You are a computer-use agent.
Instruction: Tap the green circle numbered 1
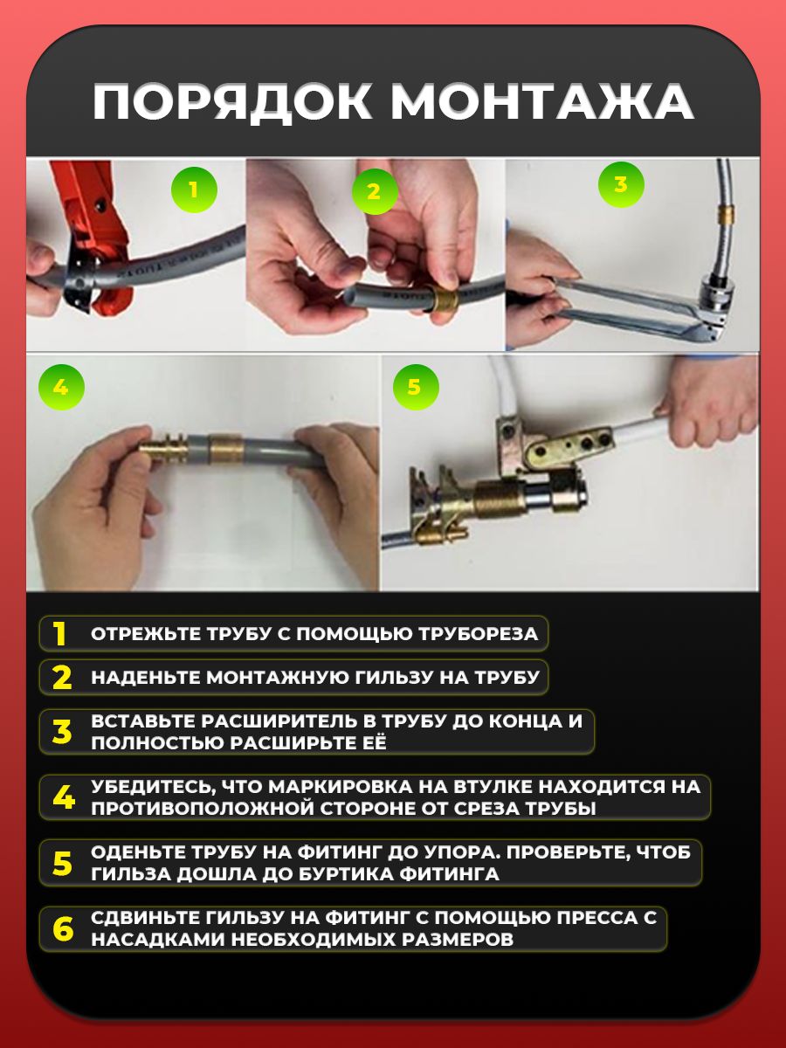coord(194,190)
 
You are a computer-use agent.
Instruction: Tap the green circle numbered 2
coord(375,191)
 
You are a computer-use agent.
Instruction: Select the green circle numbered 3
coord(621,185)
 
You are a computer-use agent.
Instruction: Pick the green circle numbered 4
coord(61,387)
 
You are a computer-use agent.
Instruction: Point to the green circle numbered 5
coord(416,387)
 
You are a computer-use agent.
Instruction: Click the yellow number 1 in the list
coord(59,634)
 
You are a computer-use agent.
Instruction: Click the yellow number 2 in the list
coord(62,678)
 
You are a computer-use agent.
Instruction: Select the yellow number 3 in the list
coord(62,732)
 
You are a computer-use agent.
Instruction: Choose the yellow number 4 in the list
coord(64,797)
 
